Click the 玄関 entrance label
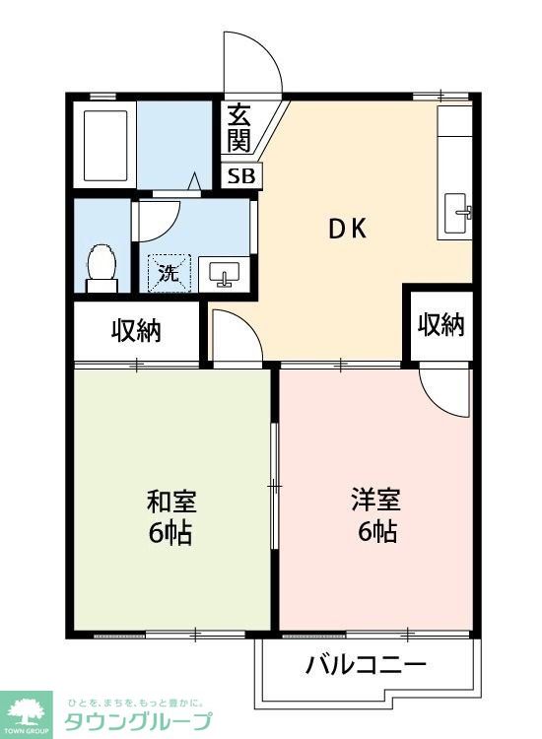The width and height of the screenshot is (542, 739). click(238, 128)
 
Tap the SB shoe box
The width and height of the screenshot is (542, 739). click(241, 176)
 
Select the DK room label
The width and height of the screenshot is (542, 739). click(347, 229)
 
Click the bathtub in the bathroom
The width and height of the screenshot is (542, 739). click(105, 146)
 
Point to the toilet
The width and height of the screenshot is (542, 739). click(102, 268)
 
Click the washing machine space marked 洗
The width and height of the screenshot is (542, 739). click(169, 273)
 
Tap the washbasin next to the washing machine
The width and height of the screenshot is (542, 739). click(224, 273)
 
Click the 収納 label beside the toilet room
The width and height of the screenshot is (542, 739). click(136, 331)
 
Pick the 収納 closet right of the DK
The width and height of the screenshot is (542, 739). click(441, 325)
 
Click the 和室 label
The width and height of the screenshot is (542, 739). click(172, 502)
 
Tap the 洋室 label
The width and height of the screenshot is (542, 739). click(376, 500)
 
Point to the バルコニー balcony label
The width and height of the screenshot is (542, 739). click(367, 664)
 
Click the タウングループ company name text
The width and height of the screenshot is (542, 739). click(138, 721)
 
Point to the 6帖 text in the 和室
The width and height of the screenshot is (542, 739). click(170, 533)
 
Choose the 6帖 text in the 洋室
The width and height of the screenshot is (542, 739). click(377, 532)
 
